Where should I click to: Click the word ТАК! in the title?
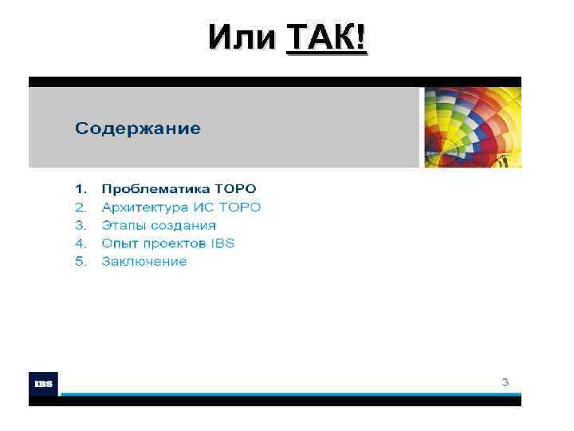tap(327, 38)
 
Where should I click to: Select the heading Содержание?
tap(138, 129)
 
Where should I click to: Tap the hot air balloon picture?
tap(472, 127)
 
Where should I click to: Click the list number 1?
tap(80, 189)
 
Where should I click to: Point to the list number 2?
tap(80, 208)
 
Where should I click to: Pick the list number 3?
tap(80, 225)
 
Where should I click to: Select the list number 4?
tap(80, 243)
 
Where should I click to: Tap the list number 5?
tap(80, 262)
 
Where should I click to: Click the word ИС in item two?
tap(210, 208)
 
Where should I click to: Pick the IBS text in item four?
tap(223, 243)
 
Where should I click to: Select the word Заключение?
tap(143, 262)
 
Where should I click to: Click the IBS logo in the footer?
tap(43, 384)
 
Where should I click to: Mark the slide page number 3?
tap(505, 382)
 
